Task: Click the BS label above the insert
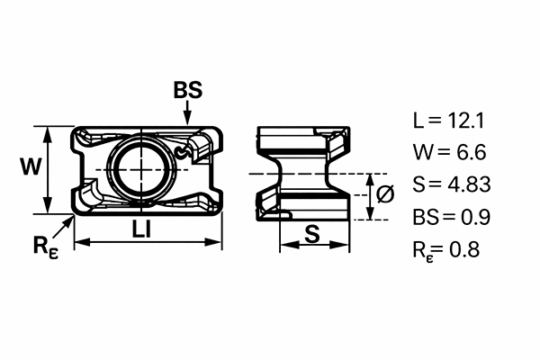tap(188, 90)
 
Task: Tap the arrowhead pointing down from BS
tap(187, 118)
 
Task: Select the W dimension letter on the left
tap(31, 166)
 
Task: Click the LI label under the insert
tap(141, 229)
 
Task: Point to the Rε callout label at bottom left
tap(46, 247)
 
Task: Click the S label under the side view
tap(312, 234)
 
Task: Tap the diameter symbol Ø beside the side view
tap(385, 193)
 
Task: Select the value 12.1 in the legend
tap(465, 121)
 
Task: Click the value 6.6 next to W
tap(471, 152)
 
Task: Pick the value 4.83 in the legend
tap(469, 184)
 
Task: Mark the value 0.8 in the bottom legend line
tap(464, 249)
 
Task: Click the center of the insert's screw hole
tap(141, 169)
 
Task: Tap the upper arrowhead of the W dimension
tap(48, 134)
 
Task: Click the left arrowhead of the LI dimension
tap(82, 242)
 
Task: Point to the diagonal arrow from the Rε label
tap(63, 228)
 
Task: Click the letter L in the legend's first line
tap(418, 121)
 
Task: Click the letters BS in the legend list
tap(426, 217)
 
